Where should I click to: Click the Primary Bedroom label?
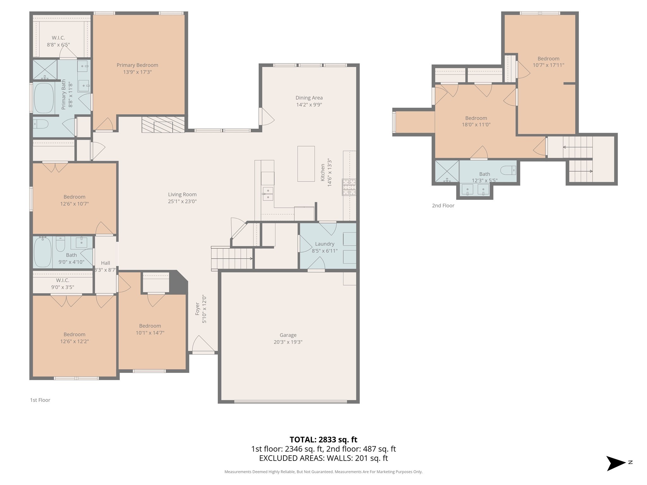(x=137, y=65)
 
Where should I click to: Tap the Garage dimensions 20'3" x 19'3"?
(x=288, y=342)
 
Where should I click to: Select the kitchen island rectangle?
(x=306, y=164)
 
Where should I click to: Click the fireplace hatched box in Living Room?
(x=163, y=124)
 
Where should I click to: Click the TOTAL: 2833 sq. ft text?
(x=323, y=440)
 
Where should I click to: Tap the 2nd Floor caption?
(x=443, y=206)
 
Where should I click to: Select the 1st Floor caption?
(x=40, y=400)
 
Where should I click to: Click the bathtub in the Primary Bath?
(x=44, y=98)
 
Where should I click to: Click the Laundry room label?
(x=324, y=244)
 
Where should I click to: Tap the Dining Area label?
(x=309, y=98)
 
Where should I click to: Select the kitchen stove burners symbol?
(x=349, y=187)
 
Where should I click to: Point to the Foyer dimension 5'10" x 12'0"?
(x=204, y=309)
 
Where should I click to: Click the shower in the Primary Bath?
(x=45, y=69)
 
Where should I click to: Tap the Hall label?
(x=106, y=263)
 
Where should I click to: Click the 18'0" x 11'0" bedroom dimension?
(x=476, y=125)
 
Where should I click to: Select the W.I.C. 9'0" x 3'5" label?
(x=63, y=287)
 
